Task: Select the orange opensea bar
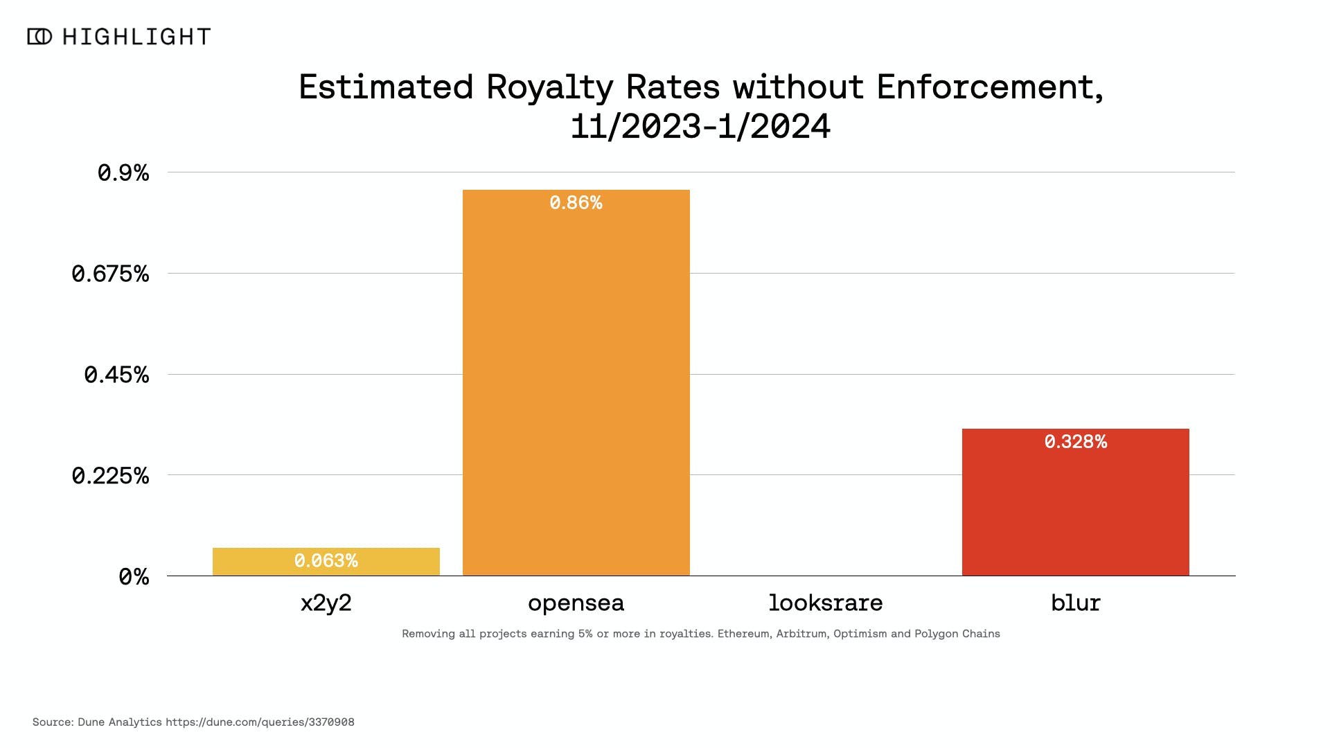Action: coord(576,388)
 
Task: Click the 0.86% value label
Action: coord(576,203)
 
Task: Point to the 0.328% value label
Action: coord(1075,442)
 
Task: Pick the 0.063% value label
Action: coord(326,560)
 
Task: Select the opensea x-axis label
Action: coord(576,603)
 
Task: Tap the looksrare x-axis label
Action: coord(825,603)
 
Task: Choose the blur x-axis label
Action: coord(1075,603)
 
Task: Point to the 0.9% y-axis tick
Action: coord(123,172)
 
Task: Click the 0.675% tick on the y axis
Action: coord(110,274)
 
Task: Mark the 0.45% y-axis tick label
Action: coord(116,375)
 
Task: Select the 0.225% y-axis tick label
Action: coord(110,476)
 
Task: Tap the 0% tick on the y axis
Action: coord(134,577)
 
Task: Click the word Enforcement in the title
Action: coord(989,87)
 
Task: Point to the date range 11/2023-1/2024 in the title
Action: coord(700,127)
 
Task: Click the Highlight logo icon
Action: coord(39,37)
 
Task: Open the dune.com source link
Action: coord(260,722)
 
